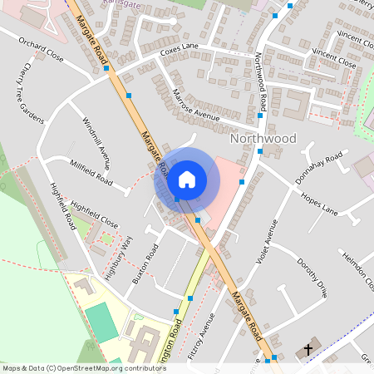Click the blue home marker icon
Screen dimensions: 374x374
(187, 179)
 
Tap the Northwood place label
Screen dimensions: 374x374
(263, 138)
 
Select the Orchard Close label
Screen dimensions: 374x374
(42, 49)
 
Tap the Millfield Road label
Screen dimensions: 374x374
(91, 173)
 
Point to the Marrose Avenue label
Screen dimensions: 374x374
(195, 105)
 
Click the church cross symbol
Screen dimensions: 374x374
(309, 349)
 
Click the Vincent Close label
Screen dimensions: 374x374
(334, 57)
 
